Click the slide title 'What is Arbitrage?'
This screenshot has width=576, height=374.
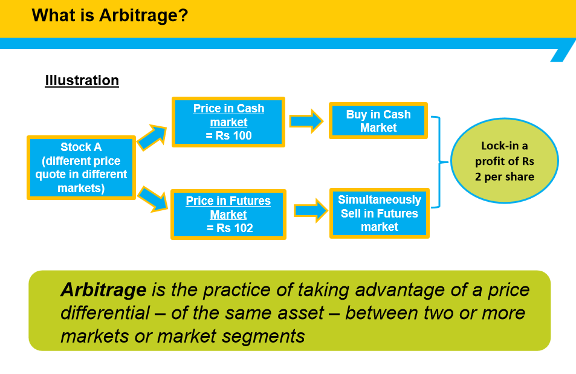(x=110, y=15)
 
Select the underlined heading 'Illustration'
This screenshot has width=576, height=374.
(x=82, y=81)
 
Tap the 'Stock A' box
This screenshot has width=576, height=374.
(x=80, y=167)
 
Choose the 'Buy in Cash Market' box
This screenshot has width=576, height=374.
(x=378, y=121)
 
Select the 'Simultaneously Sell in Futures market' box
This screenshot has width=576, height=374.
(x=380, y=213)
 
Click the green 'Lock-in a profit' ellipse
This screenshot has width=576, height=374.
(x=505, y=161)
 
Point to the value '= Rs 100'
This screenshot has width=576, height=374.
(x=229, y=136)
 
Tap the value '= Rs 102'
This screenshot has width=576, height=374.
(x=229, y=228)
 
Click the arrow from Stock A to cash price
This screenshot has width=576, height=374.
(x=151, y=138)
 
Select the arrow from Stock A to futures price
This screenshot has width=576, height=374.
(x=152, y=199)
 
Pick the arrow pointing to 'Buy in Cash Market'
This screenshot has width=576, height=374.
(x=306, y=121)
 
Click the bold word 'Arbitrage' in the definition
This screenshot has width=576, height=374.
(x=103, y=290)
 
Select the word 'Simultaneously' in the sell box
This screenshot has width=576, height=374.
(x=380, y=200)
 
